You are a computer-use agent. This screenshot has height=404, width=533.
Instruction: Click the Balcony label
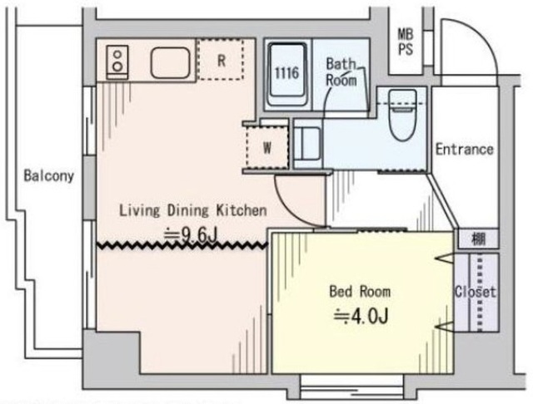pos(48,175)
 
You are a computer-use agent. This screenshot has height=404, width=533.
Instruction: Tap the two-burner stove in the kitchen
pos(117,62)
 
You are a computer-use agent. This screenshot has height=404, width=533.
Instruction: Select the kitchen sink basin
pos(171,63)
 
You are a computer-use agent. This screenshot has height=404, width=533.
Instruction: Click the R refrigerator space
pos(221,60)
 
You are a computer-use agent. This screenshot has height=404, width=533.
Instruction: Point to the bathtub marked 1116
pos(287,74)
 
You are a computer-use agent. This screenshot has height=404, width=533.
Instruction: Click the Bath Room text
pos(341,72)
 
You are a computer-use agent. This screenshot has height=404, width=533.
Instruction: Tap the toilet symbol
pos(403,115)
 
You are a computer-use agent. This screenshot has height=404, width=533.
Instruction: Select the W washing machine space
pos(267,147)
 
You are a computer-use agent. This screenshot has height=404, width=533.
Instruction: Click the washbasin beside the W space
pos(307,144)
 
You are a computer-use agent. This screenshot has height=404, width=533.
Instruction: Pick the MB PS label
pos(406,42)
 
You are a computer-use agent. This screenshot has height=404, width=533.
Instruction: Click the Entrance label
pos(465,150)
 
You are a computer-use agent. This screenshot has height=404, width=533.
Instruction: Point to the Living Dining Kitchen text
pos(192,210)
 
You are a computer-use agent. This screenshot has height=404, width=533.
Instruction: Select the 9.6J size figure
pos(191,234)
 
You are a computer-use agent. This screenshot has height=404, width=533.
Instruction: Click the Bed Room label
pos(360,292)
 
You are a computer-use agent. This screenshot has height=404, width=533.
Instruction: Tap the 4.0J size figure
pos(361,317)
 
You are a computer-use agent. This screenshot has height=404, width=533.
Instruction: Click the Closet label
pos(476,292)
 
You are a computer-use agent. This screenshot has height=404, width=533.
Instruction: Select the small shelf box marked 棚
pos(479,239)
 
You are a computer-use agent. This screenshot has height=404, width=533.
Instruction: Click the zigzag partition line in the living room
pos(182,245)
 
